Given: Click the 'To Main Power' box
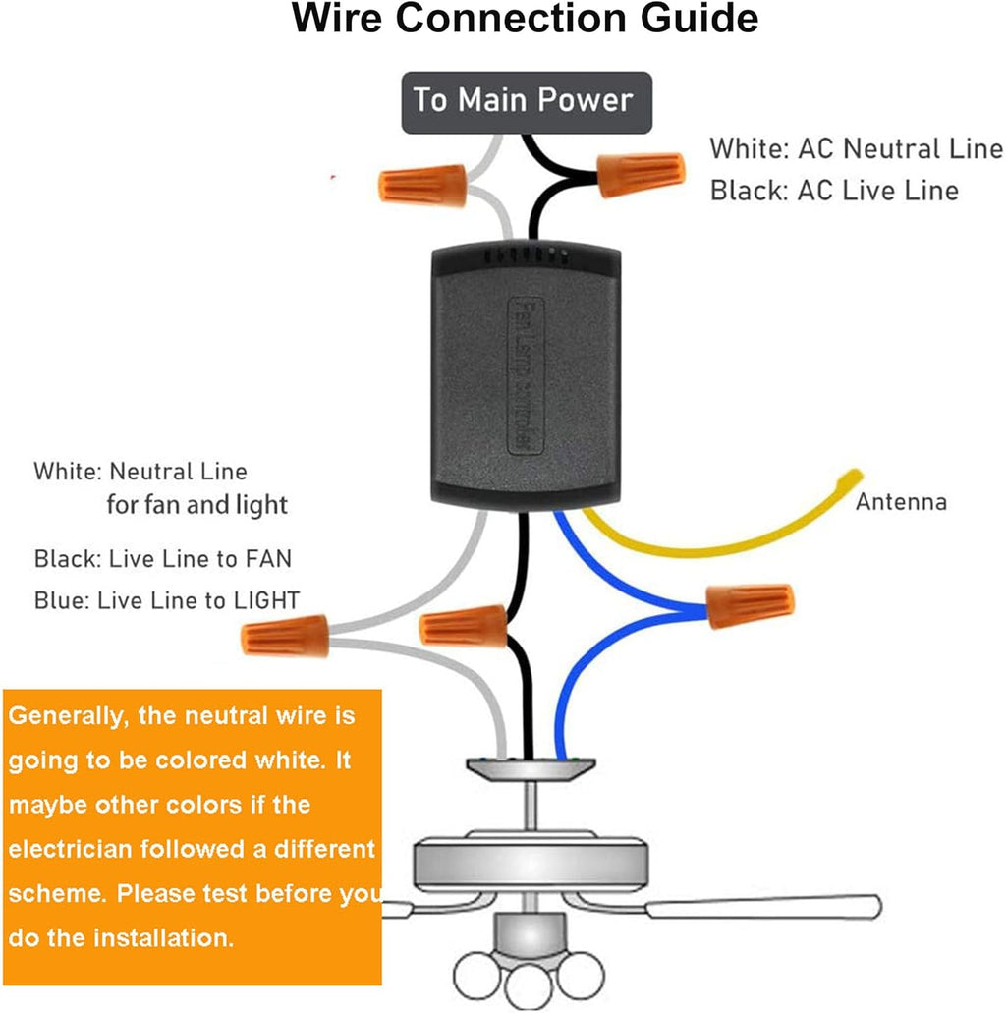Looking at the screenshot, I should (x=526, y=101).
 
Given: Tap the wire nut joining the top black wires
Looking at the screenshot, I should (x=640, y=174).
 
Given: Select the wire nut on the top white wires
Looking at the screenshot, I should (x=422, y=185).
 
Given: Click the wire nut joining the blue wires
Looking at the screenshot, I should (x=750, y=605).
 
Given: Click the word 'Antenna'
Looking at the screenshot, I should (x=901, y=503).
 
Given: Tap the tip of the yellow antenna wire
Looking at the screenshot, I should (x=856, y=477).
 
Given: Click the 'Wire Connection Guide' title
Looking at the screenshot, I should (x=526, y=20).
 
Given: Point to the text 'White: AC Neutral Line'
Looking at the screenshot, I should (x=856, y=149).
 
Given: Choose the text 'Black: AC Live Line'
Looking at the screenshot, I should (x=834, y=191).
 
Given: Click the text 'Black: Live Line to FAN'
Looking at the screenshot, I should (x=163, y=559).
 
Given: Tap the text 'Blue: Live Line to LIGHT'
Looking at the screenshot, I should (x=167, y=600).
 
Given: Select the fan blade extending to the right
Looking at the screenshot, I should (x=766, y=907).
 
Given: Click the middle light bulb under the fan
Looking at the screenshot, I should (x=529, y=987).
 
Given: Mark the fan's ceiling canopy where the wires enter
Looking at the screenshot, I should (x=531, y=765).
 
